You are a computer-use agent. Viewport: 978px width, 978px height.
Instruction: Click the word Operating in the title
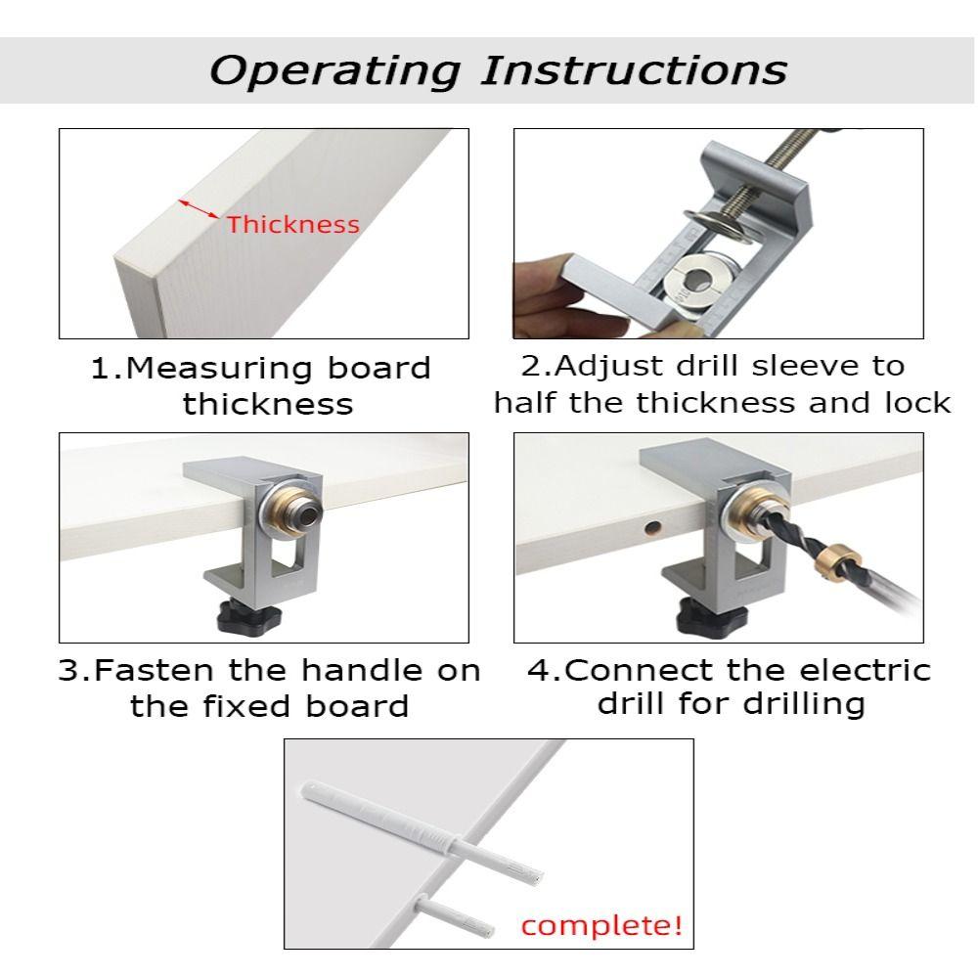[x=334, y=71]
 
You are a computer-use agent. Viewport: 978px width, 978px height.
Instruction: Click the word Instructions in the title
[x=634, y=69]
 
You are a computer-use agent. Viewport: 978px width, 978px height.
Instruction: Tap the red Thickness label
[x=293, y=225]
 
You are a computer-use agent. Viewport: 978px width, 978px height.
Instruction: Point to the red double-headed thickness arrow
[x=199, y=209]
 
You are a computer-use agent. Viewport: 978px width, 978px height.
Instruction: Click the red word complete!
[x=601, y=925]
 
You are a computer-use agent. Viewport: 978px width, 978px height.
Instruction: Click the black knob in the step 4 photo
[x=703, y=615]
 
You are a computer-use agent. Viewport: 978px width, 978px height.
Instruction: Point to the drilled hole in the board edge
[x=651, y=528]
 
